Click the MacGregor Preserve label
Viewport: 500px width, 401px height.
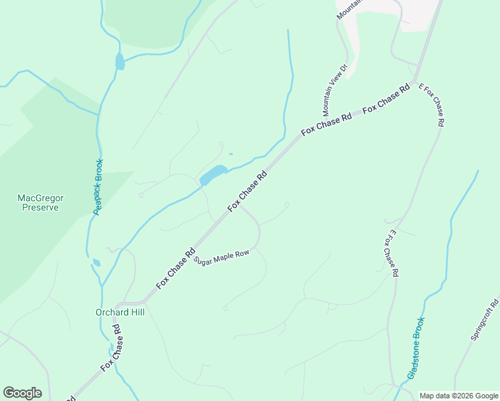38,202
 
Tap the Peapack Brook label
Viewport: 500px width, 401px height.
98,186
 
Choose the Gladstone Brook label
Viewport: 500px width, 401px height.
416,348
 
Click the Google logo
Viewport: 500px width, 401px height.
22,393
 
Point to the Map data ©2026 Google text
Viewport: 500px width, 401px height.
459,396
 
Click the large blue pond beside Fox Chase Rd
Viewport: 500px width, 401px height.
213,176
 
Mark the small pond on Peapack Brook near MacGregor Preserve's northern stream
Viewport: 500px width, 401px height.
120,61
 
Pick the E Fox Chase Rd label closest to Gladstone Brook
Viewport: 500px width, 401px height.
392,254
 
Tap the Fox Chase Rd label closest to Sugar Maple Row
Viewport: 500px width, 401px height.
175,269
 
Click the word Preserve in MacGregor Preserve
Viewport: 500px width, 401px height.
38,207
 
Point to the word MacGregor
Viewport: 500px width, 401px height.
38,197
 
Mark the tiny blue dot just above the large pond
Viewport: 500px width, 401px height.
231,154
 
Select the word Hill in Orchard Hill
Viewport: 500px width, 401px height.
132,312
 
